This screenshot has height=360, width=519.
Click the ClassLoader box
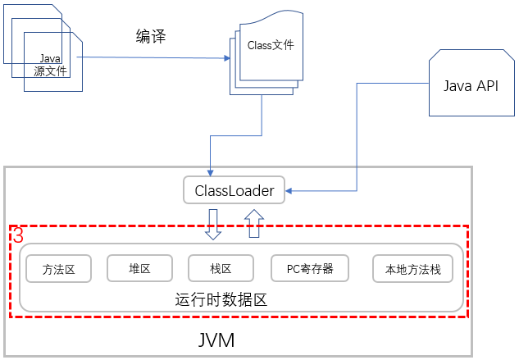point(234,191)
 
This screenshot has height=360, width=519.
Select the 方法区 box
point(59,268)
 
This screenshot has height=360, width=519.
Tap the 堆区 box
point(140,267)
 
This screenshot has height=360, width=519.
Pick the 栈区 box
point(221,267)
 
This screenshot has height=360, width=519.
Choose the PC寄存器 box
point(310,267)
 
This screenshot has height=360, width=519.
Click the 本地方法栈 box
point(412,268)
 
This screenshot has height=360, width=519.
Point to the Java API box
point(470,86)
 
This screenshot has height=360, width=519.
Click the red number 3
point(17,236)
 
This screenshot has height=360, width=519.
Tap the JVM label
point(216,339)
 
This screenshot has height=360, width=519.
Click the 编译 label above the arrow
point(152,36)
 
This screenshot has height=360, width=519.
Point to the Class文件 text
point(271,46)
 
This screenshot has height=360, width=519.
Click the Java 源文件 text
point(50,65)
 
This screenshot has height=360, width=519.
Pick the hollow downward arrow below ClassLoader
point(213,224)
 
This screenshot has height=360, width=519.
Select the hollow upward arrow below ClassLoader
point(254,224)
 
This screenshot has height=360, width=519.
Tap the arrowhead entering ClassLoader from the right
point(290,192)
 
